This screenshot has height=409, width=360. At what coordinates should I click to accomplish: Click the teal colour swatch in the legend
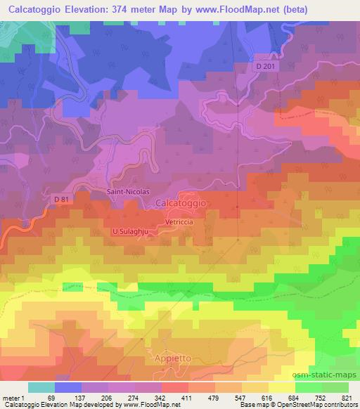pos(41,387)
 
